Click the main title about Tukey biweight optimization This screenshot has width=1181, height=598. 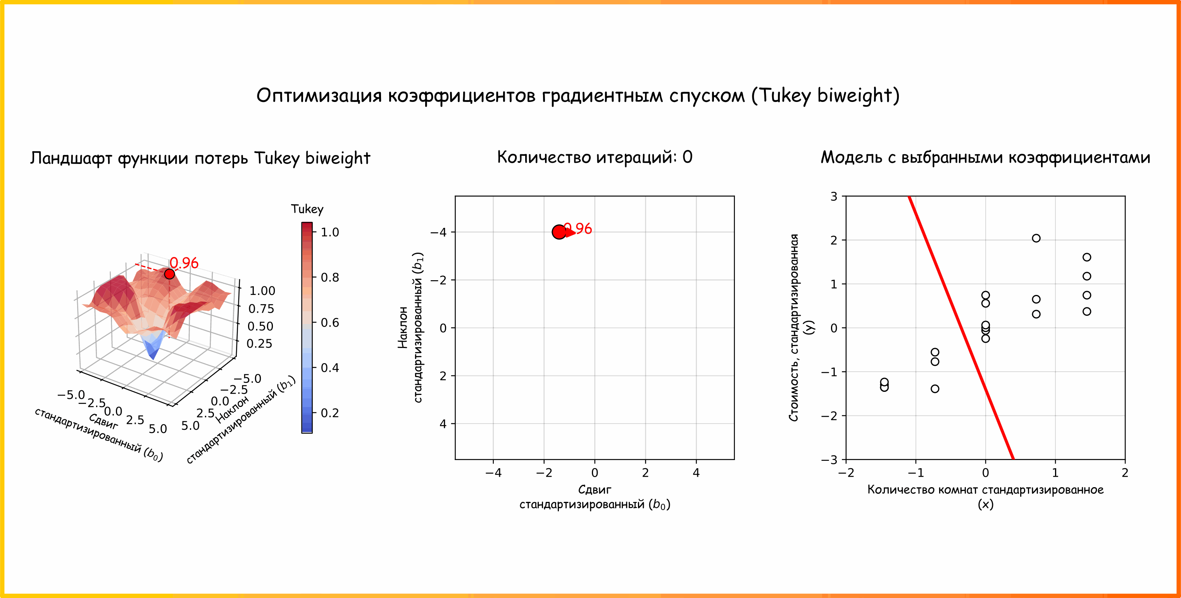click(x=578, y=95)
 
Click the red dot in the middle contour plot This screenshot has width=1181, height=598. click(x=559, y=232)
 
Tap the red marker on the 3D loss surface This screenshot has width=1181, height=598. click(x=169, y=274)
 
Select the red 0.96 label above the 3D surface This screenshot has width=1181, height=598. click(x=184, y=263)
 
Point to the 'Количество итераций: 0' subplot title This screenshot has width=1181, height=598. click(x=595, y=157)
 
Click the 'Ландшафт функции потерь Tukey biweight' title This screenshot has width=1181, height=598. click(x=200, y=158)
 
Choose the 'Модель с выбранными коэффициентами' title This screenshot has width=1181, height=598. click(x=985, y=157)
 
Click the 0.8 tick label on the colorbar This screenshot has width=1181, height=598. click(x=329, y=277)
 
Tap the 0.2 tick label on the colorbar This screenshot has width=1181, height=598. click(x=329, y=413)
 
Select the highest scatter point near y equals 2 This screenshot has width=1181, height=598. click(x=1036, y=238)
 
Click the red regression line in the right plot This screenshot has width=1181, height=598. click(x=960, y=327)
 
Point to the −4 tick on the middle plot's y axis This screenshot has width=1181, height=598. click(x=438, y=232)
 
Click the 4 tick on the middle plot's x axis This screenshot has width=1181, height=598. click(x=696, y=473)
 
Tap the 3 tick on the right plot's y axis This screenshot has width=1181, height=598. click(x=833, y=196)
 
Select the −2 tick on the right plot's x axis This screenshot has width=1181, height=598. click(x=846, y=473)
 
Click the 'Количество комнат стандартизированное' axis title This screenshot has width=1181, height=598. click(x=985, y=490)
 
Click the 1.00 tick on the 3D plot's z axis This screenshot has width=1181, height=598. click(x=262, y=291)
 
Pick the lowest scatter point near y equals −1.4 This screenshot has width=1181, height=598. click(x=935, y=388)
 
